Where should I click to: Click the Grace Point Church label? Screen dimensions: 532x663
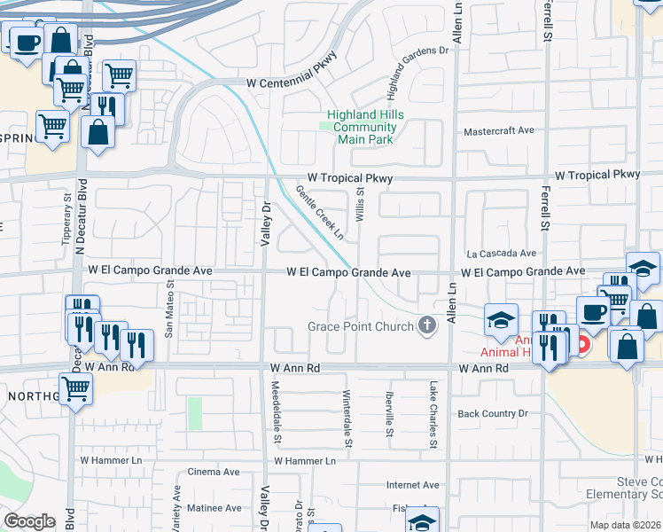click(x=361, y=326)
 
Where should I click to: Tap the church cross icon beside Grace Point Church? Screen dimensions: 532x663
click(x=428, y=325)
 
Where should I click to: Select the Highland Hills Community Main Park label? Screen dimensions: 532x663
click(x=365, y=127)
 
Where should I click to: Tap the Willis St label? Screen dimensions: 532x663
click(x=361, y=203)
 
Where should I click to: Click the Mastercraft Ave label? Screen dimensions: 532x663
click(x=499, y=130)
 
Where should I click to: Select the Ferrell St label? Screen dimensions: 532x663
click(x=547, y=22)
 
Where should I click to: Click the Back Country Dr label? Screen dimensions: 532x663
click(x=492, y=414)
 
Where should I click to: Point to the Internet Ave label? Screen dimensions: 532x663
click(x=412, y=485)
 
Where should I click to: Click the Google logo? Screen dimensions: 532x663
click(x=29, y=521)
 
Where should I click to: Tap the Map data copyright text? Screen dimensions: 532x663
click(x=624, y=525)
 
